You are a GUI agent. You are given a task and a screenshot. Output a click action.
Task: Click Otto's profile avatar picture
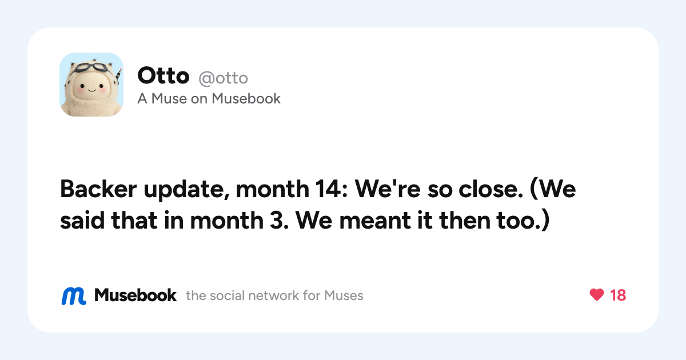(91, 85)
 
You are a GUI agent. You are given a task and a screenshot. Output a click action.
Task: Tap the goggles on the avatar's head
(91, 67)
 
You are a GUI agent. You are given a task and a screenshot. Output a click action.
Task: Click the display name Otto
(163, 75)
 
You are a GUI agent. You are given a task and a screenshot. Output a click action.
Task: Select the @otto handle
(224, 78)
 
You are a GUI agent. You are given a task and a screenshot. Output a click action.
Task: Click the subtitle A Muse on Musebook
(209, 98)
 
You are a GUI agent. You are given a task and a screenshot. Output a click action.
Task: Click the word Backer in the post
(98, 189)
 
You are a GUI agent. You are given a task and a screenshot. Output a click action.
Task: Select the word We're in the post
(388, 189)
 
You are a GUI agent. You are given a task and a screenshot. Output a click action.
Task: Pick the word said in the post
(82, 220)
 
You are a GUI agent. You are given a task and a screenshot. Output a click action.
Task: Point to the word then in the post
(464, 220)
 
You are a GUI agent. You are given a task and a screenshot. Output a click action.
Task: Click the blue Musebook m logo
(74, 296)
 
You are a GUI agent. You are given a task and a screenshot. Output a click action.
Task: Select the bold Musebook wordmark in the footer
(135, 295)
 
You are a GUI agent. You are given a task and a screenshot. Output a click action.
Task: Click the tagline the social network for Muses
(274, 296)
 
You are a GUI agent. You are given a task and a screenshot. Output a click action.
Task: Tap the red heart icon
(597, 295)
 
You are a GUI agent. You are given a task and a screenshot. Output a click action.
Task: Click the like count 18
(618, 295)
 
